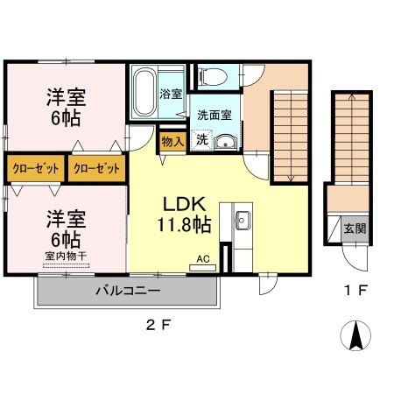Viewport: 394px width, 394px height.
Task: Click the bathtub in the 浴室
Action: click(144, 91)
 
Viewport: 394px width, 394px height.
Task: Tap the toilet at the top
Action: click(210, 77)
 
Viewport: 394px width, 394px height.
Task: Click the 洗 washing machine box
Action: click(201, 139)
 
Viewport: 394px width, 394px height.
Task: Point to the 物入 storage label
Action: click(172, 141)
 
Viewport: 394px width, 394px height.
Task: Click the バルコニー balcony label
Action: click(128, 291)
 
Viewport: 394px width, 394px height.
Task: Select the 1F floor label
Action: click(355, 287)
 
